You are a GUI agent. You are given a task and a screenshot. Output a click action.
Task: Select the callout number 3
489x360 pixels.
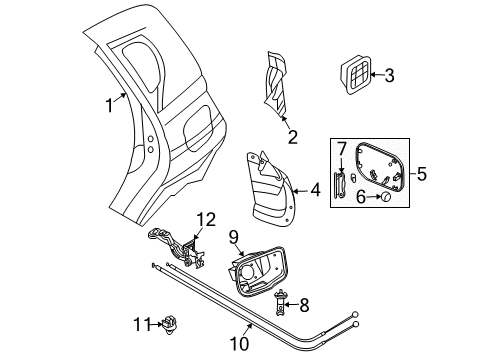[390, 74]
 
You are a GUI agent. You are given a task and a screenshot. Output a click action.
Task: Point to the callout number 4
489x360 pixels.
[316, 187]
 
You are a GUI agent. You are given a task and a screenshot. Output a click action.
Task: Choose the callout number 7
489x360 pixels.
[341, 150]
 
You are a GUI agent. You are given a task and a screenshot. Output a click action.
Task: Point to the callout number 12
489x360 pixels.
[205, 218]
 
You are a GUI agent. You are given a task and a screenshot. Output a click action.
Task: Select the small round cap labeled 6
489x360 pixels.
[383, 198]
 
